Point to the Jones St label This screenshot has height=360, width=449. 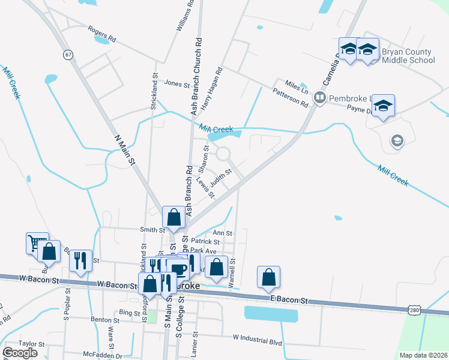[x=176, y=85]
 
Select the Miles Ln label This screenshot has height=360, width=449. [x=297, y=86]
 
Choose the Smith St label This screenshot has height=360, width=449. [x=152, y=230]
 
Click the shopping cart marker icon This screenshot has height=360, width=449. [x=37, y=243]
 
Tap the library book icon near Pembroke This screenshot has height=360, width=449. [x=320, y=97]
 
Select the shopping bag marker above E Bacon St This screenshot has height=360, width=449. [x=269, y=277]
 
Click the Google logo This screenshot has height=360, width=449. [x=20, y=352]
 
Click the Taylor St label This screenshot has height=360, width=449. [x=32, y=344]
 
